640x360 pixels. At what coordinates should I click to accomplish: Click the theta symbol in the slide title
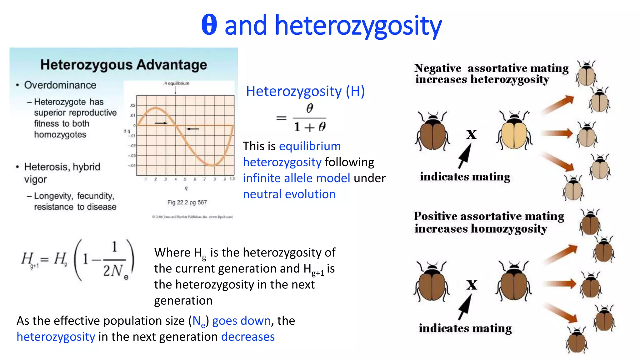tap(209, 25)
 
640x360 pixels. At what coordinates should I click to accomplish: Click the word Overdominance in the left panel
tap(60, 85)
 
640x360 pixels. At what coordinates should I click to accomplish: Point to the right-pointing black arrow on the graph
tap(161, 123)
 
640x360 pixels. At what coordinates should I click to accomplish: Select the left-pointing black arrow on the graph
tap(192, 129)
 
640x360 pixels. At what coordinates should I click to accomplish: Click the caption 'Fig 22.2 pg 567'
tap(187, 202)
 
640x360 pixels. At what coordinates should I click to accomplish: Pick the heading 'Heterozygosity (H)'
tap(305, 91)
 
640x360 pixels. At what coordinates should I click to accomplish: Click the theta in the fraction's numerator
tap(309, 108)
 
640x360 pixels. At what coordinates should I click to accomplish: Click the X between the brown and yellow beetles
tap(472, 135)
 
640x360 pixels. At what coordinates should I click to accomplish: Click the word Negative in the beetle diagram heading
tap(437, 68)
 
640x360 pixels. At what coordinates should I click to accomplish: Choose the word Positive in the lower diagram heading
tap(436, 216)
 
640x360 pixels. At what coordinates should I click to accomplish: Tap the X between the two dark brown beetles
tap(472, 285)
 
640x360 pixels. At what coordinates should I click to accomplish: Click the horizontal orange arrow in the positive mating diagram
tap(559, 284)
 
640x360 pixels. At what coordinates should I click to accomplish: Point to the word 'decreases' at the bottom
tap(248, 337)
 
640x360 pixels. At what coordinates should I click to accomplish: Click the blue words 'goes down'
tap(241, 321)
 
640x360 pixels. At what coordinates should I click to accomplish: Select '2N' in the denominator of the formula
tap(113, 271)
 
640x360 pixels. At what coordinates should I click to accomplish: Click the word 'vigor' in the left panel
tap(35, 180)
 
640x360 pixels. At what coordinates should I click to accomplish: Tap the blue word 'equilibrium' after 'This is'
tap(310, 146)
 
